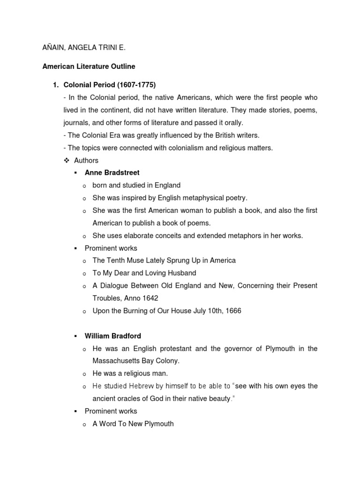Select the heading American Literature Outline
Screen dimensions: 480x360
click(x=89, y=67)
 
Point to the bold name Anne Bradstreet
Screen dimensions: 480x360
click(x=112, y=172)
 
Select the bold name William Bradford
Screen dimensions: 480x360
click(x=112, y=336)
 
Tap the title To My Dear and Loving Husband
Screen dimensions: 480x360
click(x=144, y=273)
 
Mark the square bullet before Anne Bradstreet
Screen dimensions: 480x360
click(x=75, y=173)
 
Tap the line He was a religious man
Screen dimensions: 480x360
click(x=130, y=374)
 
